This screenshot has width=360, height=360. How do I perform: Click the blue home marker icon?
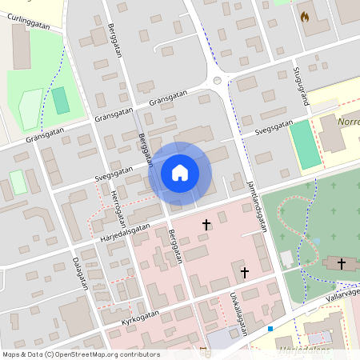pos(180,173)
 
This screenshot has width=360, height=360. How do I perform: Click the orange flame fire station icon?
pos(304,16)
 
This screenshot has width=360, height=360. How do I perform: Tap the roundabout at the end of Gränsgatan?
pos(217,81)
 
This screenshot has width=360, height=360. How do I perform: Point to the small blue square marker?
pos(270,329)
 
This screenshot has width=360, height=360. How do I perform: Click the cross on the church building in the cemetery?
pos(342,262)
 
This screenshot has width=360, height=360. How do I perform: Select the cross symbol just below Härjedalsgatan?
pos(206,225)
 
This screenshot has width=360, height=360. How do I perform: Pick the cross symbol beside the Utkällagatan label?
pos(245,273)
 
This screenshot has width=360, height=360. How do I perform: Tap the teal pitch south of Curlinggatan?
pos(61,100)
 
